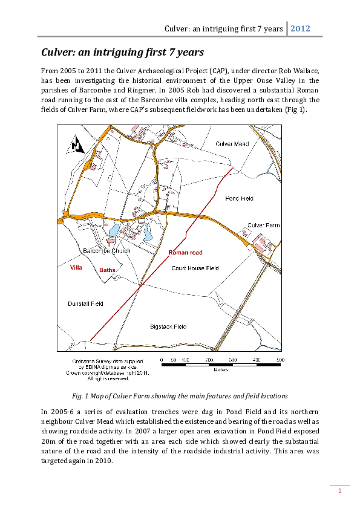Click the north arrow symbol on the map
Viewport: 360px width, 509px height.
[x=74, y=146]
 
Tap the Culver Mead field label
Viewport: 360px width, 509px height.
[x=232, y=143]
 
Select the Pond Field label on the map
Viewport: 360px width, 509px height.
[x=239, y=198]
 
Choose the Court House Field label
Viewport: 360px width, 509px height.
[x=195, y=268]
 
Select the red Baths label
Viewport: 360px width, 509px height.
[x=107, y=270]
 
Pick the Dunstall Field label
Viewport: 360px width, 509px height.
[x=85, y=303]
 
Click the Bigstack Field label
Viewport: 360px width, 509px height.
[x=168, y=326]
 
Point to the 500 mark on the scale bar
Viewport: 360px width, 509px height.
[x=280, y=360]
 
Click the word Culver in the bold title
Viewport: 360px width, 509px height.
[x=57, y=51]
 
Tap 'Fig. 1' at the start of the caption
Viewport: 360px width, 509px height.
[x=80, y=396]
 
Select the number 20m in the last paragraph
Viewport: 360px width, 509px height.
[x=47, y=440]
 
